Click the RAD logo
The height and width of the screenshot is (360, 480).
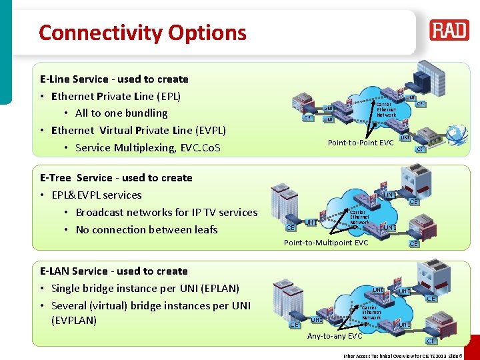pos(449,30)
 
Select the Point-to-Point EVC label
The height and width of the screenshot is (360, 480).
pos(360,143)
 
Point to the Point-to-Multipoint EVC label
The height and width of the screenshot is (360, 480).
pos(326,243)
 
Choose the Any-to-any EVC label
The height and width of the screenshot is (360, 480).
pos(335,336)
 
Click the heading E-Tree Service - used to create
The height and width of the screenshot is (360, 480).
pos(116,178)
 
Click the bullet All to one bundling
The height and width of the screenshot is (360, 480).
pos(121,113)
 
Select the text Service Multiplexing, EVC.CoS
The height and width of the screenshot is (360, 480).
pos(147,148)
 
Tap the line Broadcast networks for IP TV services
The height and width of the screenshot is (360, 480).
pos(166,213)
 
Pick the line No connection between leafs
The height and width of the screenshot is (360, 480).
pos(147,230)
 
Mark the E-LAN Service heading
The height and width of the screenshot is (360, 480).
pos(114,271)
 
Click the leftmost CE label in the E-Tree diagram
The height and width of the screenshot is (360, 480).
pos(290,228)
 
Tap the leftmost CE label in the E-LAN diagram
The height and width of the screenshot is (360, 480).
pos(293,325)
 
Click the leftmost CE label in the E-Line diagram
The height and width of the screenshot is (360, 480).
pos(307,118)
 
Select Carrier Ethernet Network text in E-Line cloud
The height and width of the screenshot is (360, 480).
pos(386,110)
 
